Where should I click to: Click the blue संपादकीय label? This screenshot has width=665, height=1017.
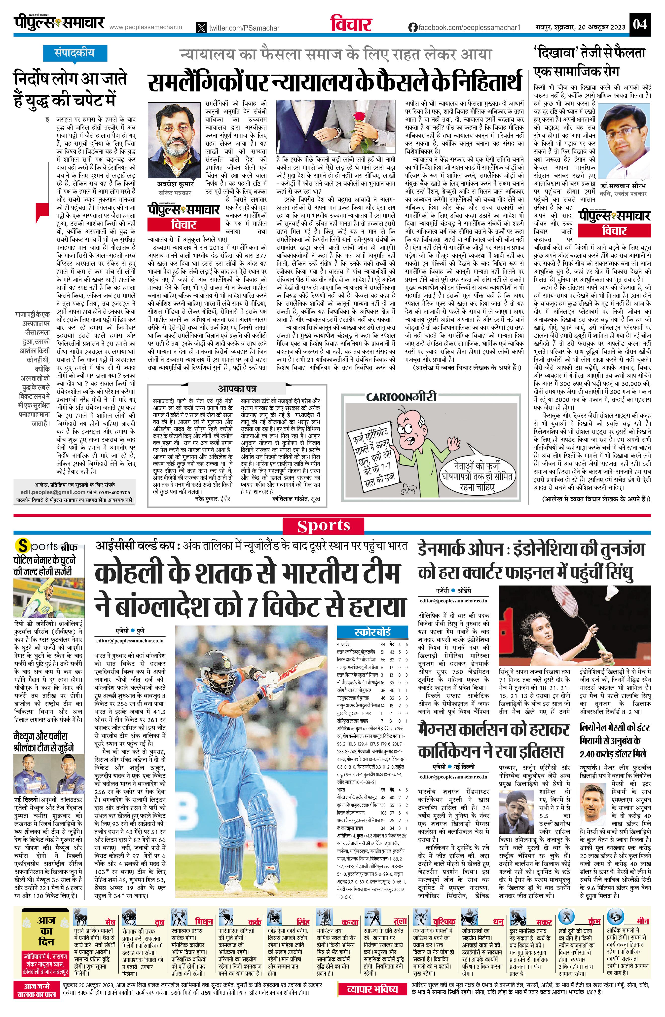(74, 53)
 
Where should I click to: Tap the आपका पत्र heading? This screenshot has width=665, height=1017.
(237, 389)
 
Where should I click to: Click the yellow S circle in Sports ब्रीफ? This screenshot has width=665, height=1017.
(22, 546)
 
